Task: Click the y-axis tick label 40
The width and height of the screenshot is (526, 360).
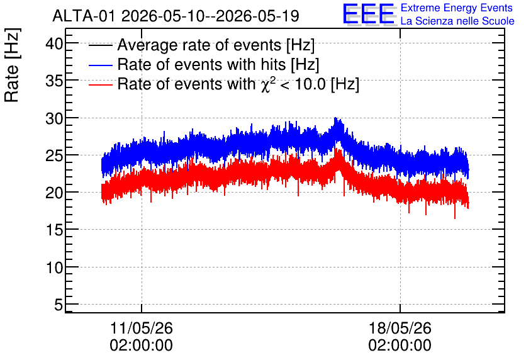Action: [x=54, y=43]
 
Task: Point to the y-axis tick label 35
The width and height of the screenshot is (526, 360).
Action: [x=54, y=81]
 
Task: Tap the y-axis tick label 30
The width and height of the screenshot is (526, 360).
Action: [x=54, y=118]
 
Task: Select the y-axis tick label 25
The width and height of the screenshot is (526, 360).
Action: [x=54, y=155]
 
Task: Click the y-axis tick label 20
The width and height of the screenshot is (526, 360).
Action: [x=54, y=193]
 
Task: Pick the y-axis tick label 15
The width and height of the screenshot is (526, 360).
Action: [x=54, y=230]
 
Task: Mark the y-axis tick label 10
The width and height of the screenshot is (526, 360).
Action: [x=54, y=267]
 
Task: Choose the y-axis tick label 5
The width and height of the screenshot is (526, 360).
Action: [x=59, y=305]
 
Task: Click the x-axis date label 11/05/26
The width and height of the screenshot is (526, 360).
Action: [x=141, y=328]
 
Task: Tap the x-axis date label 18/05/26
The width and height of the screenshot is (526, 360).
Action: [x=400, y=328]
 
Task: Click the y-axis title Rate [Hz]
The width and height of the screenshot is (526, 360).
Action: [x=12, y=65]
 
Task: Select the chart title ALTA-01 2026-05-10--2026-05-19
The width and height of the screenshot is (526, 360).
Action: [x=176, y=16]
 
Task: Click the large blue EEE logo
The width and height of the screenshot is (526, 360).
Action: [x=369, y=14]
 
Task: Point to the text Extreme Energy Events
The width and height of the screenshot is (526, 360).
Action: [x=457, y=8]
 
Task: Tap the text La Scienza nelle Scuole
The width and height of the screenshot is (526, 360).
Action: [x=457, y=21]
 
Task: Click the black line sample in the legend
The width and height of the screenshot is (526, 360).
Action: [x=100, y=45]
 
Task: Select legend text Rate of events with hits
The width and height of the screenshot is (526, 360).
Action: [x=201, y=64]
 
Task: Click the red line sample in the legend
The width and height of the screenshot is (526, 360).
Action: [x=100, y=84]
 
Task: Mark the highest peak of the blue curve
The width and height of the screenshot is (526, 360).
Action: [x=335, y=118]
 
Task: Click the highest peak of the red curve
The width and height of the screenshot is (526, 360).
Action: [x=338, y=148]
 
